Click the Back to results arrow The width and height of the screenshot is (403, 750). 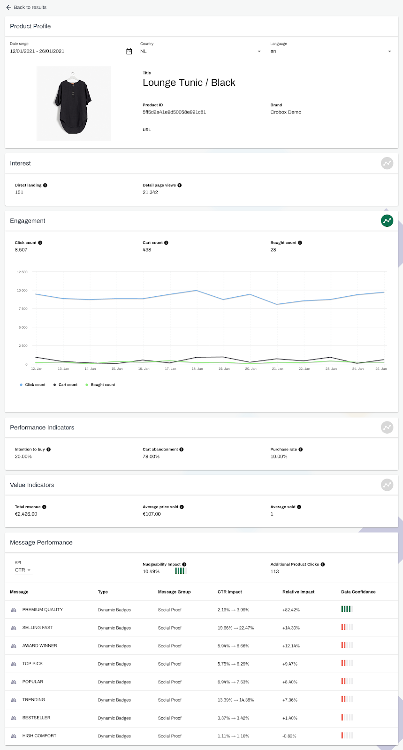[8, 7]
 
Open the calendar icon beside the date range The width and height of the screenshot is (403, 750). [129, 52]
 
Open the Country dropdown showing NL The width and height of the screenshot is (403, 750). [201, 52]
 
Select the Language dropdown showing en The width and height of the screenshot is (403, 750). [331, 52]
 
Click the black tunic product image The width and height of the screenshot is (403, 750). [74, 104]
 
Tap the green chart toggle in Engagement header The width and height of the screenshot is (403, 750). [387, 221]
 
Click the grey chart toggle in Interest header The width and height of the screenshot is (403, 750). [387, 163]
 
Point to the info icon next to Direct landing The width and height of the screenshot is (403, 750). [45, 185]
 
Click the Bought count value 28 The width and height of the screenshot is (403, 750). [273, 250]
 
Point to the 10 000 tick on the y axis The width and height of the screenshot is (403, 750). [22, 291]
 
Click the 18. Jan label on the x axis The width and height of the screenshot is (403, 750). [197, 369]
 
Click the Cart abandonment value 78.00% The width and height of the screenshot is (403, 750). [151, 457]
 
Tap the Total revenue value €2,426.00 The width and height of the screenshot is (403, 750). [26, 514]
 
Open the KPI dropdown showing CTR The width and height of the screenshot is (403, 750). [23, 570]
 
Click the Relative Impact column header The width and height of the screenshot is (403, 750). [298, 592]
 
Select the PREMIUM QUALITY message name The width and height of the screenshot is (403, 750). [42, 610]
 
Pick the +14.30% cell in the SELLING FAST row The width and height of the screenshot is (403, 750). [291, 628]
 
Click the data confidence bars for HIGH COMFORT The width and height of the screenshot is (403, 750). [347, 735]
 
